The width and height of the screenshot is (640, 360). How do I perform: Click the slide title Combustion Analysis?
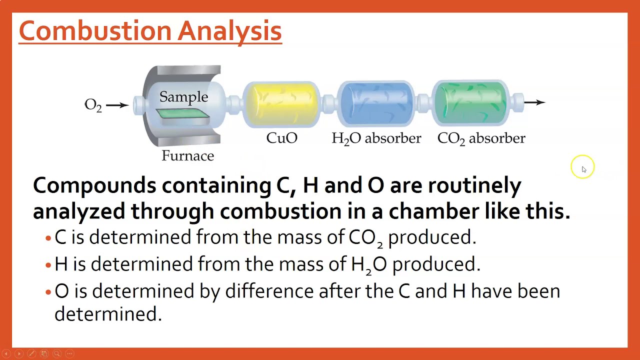coord(150,31)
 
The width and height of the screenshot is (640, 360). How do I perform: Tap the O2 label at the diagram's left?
coord(93,104)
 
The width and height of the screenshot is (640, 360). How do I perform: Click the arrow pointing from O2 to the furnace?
coord(117,104)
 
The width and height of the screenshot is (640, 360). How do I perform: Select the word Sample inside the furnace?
coord(183,96)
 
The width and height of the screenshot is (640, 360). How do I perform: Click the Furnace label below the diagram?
coord(187,156)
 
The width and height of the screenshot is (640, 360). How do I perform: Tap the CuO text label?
coord(282,138)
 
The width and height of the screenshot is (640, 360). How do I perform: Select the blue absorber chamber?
coord(376,103)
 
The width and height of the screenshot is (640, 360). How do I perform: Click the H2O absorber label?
coord(376,138)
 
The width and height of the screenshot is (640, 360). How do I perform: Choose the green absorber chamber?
coord(470,103)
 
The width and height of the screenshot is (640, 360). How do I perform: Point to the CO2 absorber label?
coord(481,138)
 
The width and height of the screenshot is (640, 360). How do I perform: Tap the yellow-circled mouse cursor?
coord(582,168)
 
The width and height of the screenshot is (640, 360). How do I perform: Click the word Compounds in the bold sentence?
coord(94,185)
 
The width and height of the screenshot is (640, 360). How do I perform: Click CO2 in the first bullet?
coord(365,237)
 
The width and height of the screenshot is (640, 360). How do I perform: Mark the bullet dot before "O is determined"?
coord(48,292)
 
